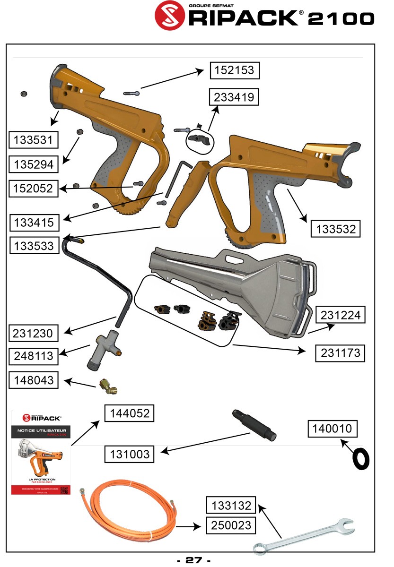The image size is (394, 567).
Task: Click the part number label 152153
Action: (x=235, y=70)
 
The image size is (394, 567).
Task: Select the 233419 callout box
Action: (x=235, y=97)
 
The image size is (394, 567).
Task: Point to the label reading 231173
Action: (x=341, y=353)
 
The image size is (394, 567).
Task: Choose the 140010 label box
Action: (x=333, y=429)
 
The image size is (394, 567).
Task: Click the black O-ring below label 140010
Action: (x=361, y=459)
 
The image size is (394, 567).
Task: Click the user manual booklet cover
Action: (x=41, y=453)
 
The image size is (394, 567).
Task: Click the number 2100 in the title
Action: (x=341, y=18)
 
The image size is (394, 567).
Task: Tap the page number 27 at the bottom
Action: (x=193, y=560)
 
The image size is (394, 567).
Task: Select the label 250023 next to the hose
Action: (x=231, y=525)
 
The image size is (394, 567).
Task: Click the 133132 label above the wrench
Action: (x=231, y=506)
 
